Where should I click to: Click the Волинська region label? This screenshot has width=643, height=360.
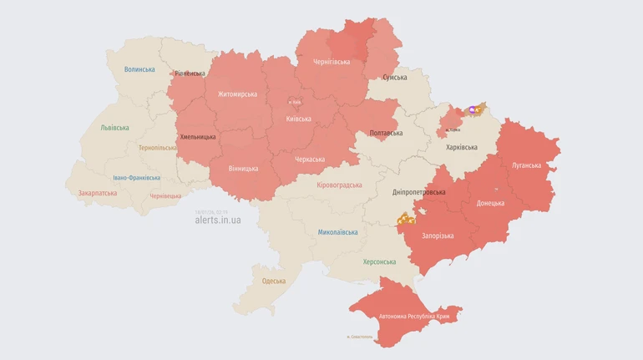coord(139,69)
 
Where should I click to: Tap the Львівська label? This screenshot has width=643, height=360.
coord(114,128)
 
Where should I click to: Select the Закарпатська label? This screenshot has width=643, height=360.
coord(98,193)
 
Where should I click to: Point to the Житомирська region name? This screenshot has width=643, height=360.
coord(237,94)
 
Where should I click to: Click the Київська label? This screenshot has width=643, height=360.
coord(298,119)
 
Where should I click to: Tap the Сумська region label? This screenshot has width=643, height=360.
coord(395,78)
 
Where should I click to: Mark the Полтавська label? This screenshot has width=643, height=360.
coord(386,133)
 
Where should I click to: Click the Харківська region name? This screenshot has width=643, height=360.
coord(462,147)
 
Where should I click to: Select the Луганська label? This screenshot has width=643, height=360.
coord(526,165)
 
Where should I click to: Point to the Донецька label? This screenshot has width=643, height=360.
coord(490,203)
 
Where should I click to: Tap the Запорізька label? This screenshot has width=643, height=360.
coord(438,236)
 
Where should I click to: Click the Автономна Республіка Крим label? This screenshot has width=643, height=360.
coord(414,317)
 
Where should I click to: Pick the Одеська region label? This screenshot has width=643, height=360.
coord(273,281)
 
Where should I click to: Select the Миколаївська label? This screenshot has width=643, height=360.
coord(338,232)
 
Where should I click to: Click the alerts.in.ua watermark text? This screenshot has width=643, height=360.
coord(217,220)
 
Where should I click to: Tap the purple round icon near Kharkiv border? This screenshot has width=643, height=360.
coord(473,109)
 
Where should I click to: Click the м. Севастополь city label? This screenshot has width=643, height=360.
coord(360,337)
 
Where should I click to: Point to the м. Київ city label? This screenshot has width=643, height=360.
coord(295,103)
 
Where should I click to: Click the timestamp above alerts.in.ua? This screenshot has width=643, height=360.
coord(211,211)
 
